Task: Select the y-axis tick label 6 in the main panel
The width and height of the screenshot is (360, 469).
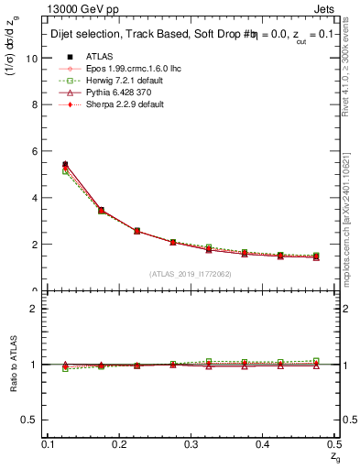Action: [35, 151]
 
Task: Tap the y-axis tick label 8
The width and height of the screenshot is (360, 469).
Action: [35, 104]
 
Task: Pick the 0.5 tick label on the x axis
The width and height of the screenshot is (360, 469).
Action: [335, 443]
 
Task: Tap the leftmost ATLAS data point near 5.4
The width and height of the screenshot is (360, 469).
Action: [64, 165]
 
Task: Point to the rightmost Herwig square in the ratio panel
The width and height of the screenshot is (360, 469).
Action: [317, 361]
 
